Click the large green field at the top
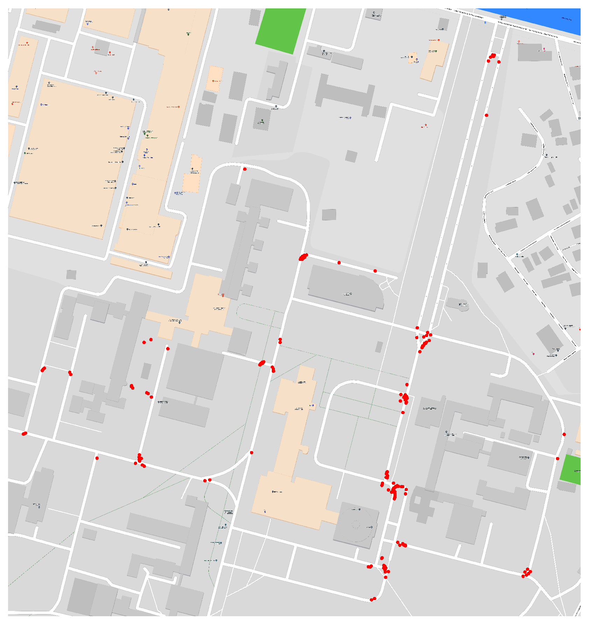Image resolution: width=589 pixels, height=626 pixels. [x=281, y=31]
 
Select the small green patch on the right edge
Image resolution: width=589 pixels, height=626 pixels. [x=571, y=470]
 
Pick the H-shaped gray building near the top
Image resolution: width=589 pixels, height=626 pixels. [x=345, y=94]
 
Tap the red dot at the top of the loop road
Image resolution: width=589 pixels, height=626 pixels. [x=245, y=169]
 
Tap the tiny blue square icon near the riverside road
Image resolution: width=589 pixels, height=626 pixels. [x=485, y=22]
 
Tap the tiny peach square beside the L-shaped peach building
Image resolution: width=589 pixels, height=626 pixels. [x=412, y=58]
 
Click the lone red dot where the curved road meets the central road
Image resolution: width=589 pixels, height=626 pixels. [x=251, y=453]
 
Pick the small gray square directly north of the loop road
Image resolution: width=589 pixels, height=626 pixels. [x=351, y=156]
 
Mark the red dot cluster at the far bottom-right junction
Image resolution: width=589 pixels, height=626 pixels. [x=527, y=573]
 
